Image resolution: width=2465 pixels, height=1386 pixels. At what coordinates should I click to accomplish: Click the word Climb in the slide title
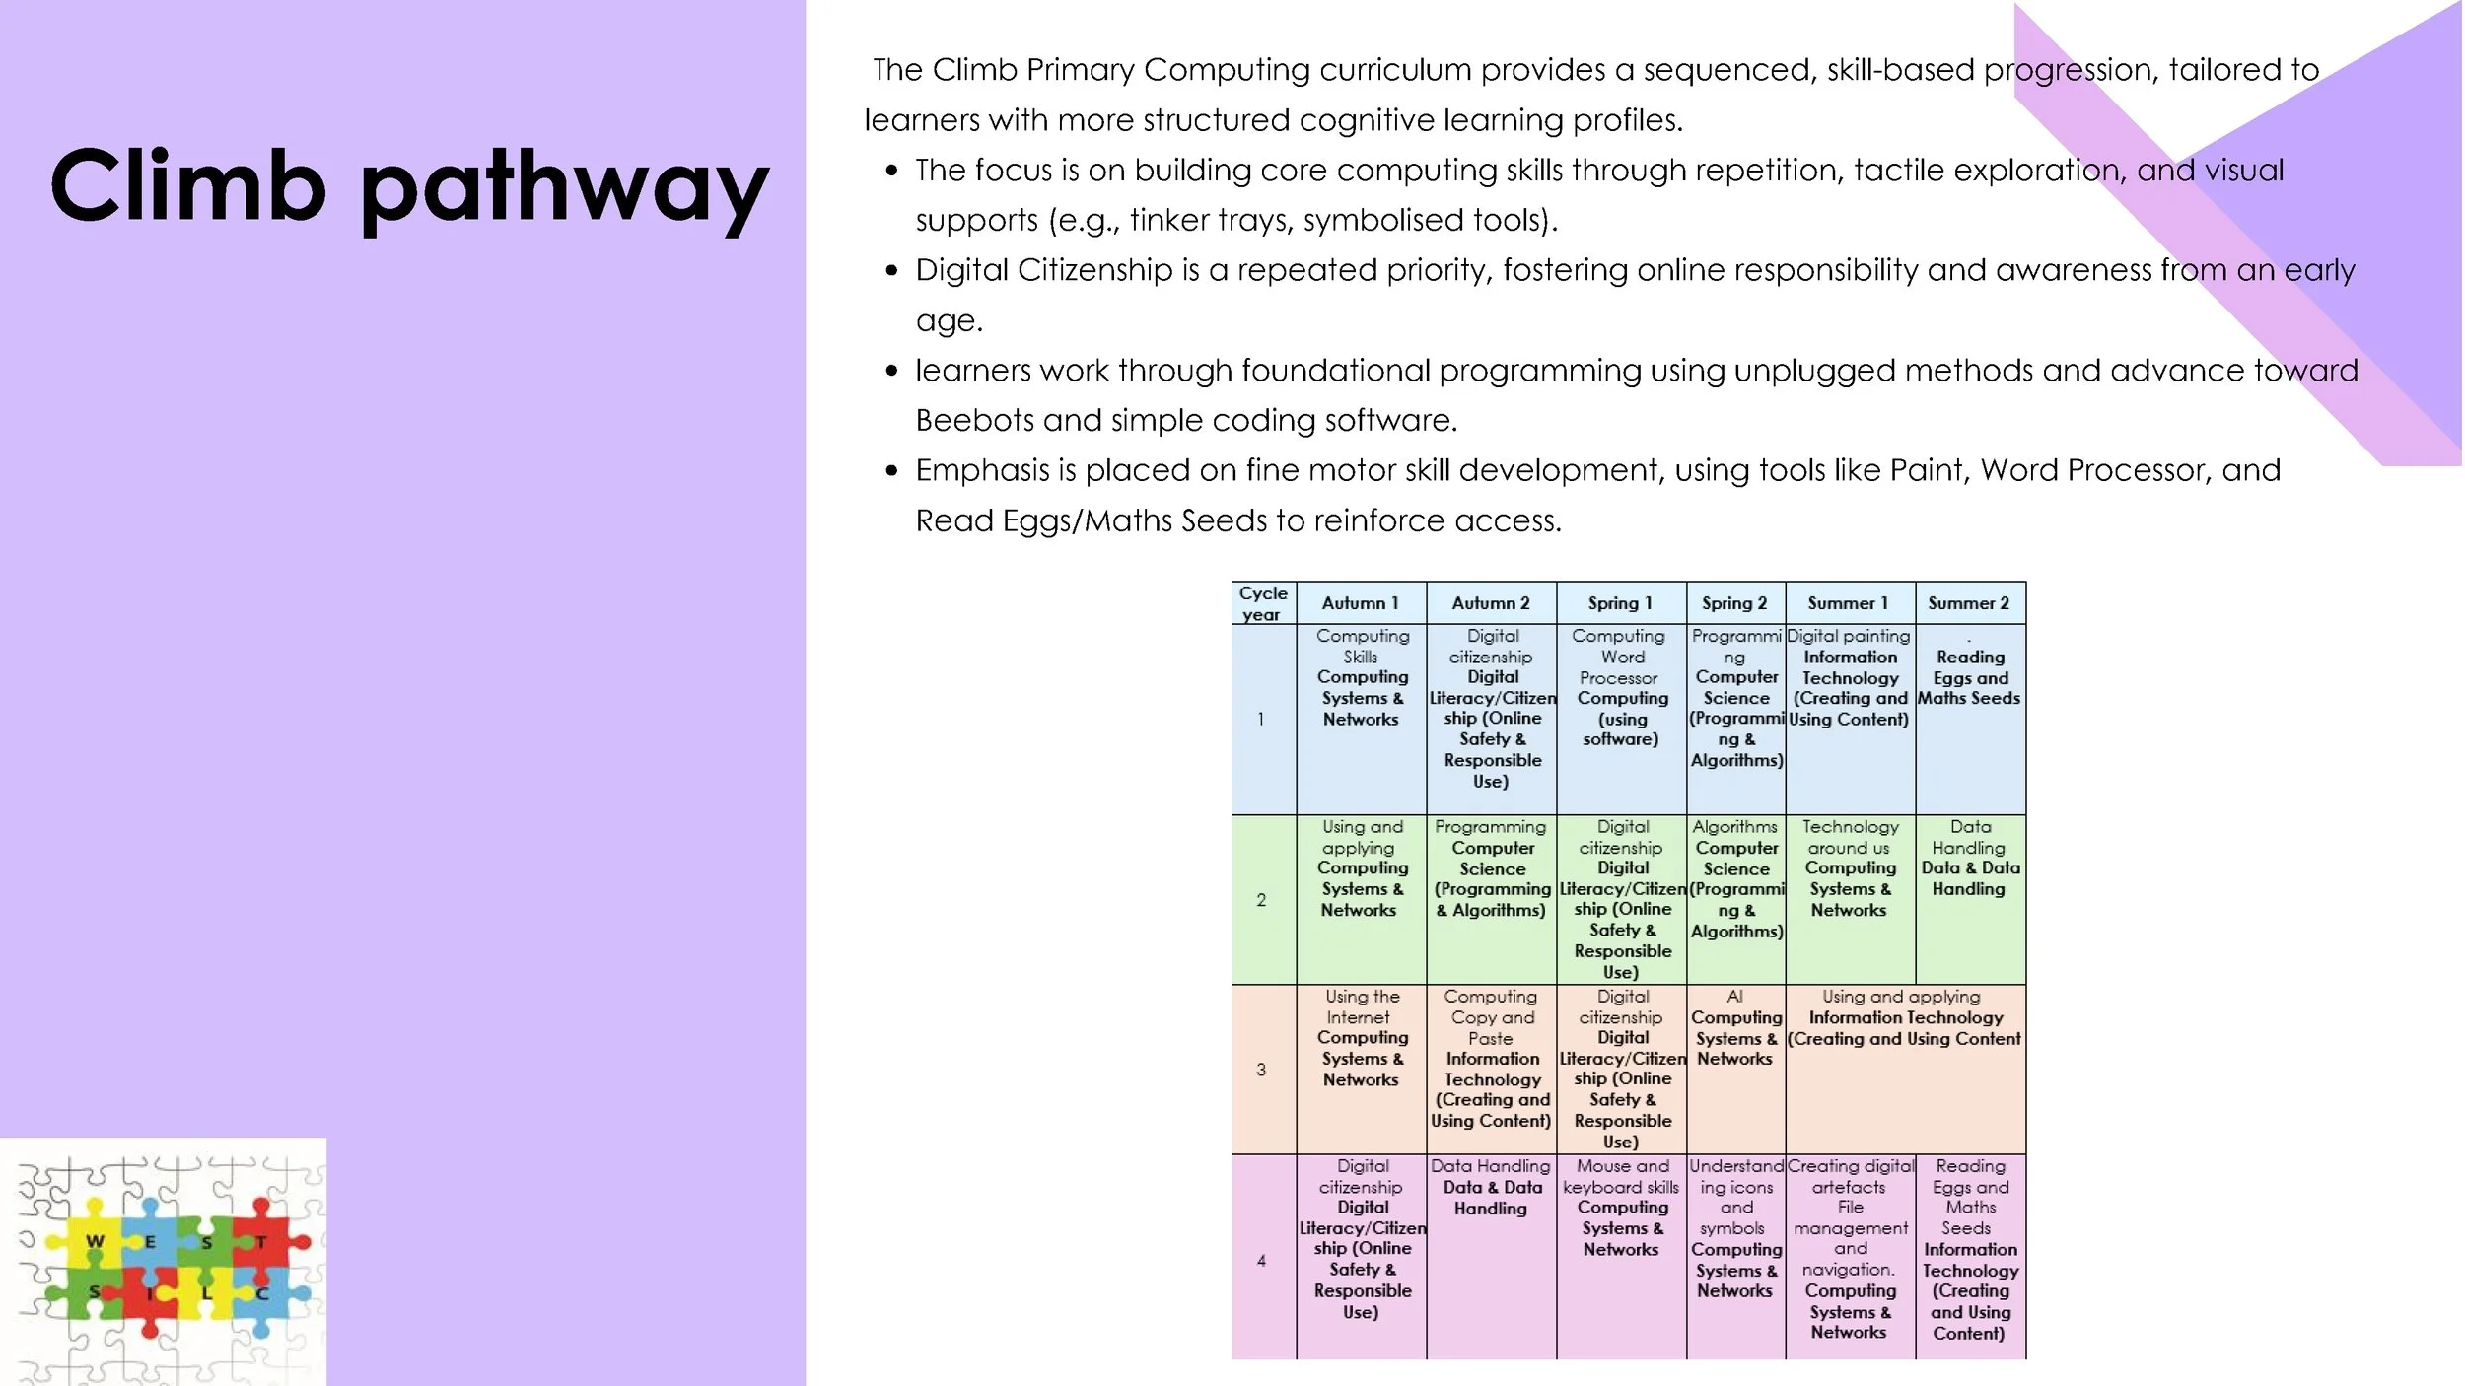[187, 186]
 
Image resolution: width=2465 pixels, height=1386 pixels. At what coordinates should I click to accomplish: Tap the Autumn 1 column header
[1360, 603]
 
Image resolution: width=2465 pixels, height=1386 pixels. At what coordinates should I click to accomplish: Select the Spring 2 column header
[1734, 603]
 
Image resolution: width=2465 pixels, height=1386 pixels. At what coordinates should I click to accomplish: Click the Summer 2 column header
[1968, 603]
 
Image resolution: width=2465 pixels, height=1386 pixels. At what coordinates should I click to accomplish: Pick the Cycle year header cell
[1262, 603]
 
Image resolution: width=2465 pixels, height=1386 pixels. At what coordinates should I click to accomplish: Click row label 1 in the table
[1261, 719]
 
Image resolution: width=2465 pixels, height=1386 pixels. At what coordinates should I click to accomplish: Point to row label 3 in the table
[1261, 1070]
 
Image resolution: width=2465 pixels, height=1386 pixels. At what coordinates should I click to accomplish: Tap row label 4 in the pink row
[1261, 1260]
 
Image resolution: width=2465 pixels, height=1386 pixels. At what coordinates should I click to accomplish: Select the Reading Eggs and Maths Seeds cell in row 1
[1969, 678]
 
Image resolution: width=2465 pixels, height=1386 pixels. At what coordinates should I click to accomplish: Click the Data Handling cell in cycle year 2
[1969, 858]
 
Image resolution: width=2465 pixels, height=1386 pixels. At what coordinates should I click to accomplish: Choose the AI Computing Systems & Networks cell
[1735, 1028]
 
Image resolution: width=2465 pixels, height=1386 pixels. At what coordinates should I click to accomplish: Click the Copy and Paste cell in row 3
[1491, 1059]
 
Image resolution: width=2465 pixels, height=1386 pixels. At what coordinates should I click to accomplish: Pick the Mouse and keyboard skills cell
[1621, 1208]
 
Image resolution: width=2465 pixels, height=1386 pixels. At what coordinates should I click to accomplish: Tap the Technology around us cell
[1850, 868]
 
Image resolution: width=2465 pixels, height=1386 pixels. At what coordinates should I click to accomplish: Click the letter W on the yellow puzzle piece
[95, 1241]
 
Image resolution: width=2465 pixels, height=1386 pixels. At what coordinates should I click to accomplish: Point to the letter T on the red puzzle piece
[261, 1242]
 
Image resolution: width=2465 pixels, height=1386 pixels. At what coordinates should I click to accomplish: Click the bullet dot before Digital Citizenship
[891, 271]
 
